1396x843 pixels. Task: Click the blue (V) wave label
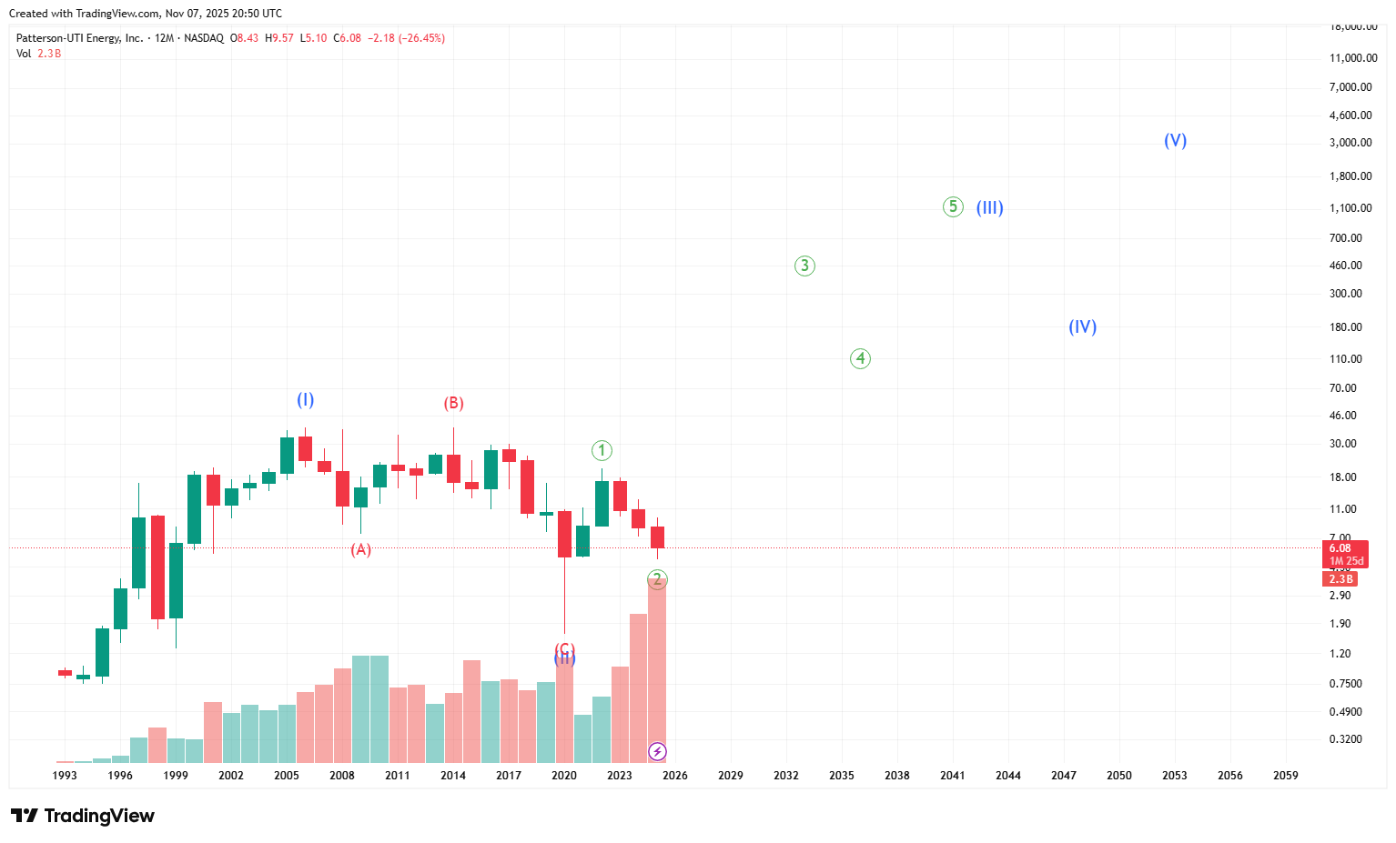click(1175, 141)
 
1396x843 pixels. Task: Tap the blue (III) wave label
click(989, 208)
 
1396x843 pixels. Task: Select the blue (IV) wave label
click(1082, 327)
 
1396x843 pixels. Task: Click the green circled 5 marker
click(952, 207)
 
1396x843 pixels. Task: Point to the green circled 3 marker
click(804, 266)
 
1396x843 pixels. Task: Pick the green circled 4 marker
click(860, 358)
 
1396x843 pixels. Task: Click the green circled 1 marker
click(602, 450)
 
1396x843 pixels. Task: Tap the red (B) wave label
click(453, 404)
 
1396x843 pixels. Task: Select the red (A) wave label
click(361, 549)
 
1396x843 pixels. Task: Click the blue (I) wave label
click(305, 400)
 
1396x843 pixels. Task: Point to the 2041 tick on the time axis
click(952, 776)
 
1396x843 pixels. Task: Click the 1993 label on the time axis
click(65, 776)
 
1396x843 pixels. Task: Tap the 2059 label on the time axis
click(1285, 776)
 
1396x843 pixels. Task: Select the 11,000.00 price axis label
click(1352, 58)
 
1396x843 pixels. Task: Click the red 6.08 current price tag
click(1340, 548)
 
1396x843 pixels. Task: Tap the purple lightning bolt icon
click(657, 751)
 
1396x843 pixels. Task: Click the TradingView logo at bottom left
click(83, 816)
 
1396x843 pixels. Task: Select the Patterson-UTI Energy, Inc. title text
click(79, 38)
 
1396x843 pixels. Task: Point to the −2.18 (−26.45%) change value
click(406, 38)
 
